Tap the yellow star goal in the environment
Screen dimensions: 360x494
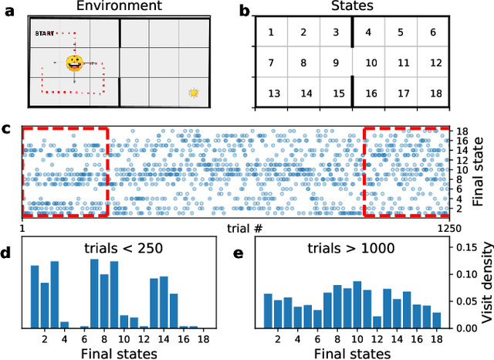coord(194,93)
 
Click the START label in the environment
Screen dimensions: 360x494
coord(44,33)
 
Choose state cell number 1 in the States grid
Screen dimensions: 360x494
coord(271,32)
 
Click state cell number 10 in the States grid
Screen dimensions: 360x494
coord(370,63)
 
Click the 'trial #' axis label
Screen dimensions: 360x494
coord(245,229)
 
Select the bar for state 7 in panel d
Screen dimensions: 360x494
coord(94,294)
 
